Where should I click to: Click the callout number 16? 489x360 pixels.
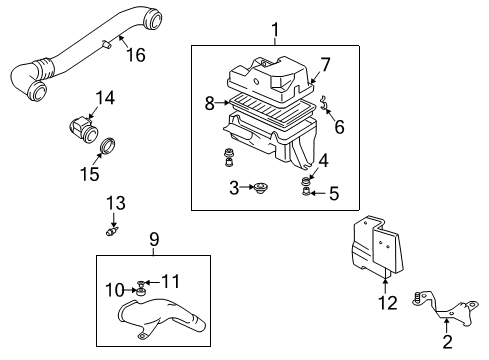136,55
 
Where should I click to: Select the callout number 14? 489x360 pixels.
105,98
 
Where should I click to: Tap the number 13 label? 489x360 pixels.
116,203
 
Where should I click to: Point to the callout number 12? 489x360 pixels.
388,303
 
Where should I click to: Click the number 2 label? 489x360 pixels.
447,342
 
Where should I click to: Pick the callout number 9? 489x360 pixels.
154,239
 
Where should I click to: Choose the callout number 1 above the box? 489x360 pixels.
275,30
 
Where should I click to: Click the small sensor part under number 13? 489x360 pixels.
112,231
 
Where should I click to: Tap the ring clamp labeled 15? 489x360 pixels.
108,146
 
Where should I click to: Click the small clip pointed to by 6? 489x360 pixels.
324,102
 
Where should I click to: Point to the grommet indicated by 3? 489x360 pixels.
261,188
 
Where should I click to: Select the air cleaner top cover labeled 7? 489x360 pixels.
270,79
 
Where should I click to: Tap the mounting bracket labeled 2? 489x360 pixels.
447,307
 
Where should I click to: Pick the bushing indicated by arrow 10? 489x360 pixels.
140,292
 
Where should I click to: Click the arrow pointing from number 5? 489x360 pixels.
318,193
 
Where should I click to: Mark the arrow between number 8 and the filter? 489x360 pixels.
222,103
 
